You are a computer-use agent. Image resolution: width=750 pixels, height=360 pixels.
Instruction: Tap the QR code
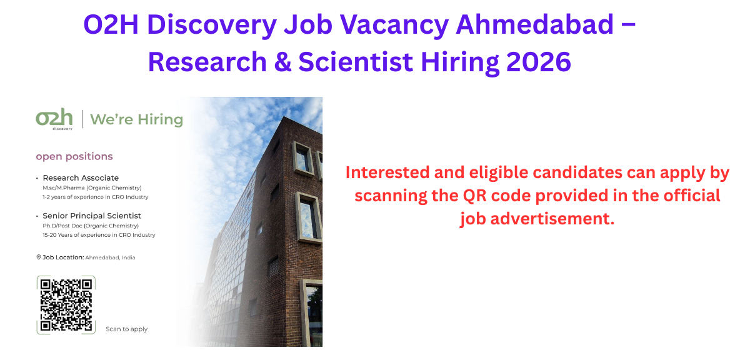[66, 305]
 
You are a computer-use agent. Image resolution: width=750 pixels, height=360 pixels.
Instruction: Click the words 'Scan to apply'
[126, 329]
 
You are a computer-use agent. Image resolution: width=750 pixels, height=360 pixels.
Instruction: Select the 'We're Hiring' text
[136, 119]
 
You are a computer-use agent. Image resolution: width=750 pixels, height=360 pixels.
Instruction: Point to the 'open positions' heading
[74, 156]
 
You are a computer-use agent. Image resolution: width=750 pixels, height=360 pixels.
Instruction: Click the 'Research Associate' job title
[81, 178]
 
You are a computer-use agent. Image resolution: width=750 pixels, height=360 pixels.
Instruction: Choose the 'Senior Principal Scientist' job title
[92, 216]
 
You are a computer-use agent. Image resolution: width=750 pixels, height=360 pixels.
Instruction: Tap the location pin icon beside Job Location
[39, 257]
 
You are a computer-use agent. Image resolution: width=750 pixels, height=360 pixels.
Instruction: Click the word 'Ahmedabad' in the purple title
[535, 26]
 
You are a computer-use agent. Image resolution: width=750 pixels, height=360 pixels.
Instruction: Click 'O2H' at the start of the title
[109, 26]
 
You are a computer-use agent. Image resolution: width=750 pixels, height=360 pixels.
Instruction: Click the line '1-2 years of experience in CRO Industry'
[95, 197]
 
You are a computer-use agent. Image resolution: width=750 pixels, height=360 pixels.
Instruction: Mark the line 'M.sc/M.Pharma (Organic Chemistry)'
[92, 187]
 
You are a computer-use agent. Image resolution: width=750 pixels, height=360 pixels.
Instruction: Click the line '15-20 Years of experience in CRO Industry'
[99, 235]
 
